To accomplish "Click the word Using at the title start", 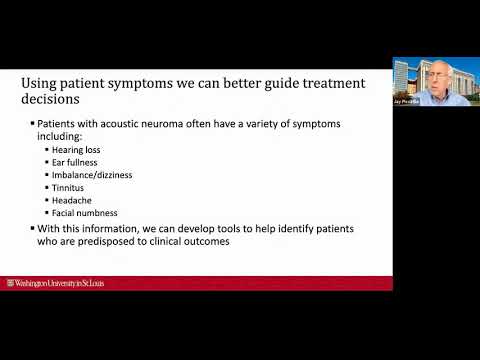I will click(x=41, y=82).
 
